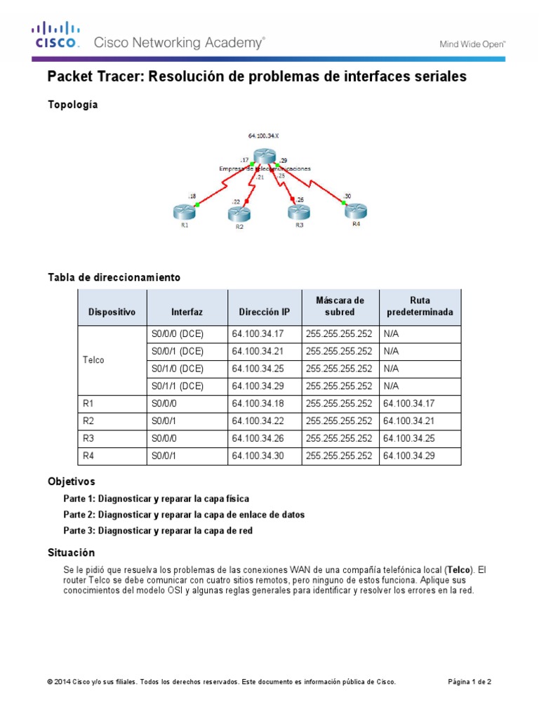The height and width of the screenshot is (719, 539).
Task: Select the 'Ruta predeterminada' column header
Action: (x=420, y=306)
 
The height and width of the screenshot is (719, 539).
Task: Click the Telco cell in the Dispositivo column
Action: (x=93, y=359)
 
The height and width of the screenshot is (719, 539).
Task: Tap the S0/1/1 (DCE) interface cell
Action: (x=177, y=386)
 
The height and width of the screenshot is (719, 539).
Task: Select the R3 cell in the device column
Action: (x=88, y=439)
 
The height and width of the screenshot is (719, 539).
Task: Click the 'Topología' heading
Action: (x=72, y=105)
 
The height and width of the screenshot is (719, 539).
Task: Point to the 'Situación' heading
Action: (x=71, y=553)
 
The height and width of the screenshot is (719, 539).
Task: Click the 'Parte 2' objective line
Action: (x=184, y=515)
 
